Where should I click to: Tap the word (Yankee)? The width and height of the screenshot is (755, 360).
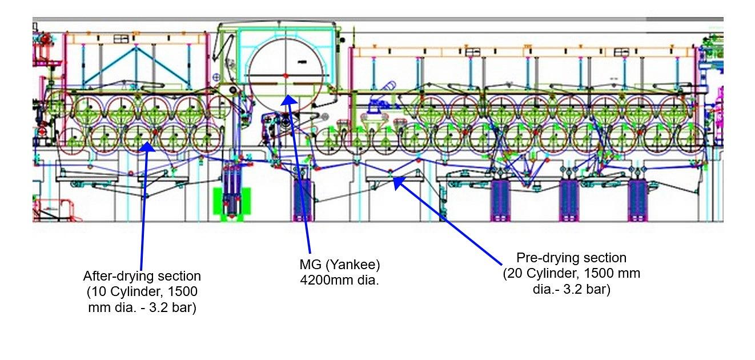tap(352, 265)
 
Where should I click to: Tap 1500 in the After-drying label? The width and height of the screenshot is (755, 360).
tap(183, 292)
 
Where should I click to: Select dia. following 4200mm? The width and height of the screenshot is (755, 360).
tap(368, 280)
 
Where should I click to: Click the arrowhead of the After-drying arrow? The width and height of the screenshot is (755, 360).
tap(147, 147)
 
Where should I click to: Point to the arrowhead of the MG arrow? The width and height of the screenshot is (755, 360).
tap(288, 101)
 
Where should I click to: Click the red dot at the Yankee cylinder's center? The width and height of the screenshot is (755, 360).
tap(286, 76)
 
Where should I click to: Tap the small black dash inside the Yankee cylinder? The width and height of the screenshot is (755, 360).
tap(302, 62)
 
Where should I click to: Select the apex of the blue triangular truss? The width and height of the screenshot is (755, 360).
tap(136, 47)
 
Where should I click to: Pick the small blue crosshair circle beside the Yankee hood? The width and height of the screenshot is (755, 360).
tap(216, 78)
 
